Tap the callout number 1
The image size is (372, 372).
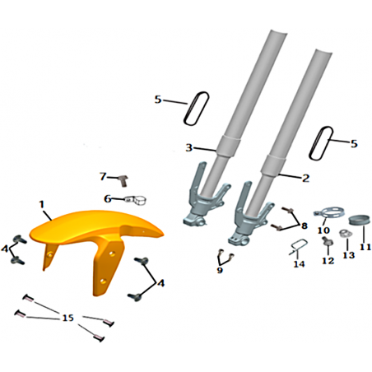[42, 204]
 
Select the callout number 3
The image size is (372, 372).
[189, 148]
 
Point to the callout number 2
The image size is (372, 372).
[305, 179]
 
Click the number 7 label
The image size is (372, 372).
[103, 176]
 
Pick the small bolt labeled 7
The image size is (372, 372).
[123, 181]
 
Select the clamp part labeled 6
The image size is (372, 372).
[136, 200]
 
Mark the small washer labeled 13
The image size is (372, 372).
[344, 234]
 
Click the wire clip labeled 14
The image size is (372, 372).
[298, 247]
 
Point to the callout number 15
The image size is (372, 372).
[68, 318]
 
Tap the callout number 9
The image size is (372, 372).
[220, 270]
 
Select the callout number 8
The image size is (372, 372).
[305, 226]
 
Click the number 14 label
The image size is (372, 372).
[299, 264]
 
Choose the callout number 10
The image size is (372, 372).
[323, 230]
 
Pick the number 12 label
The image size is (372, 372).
[328, 260]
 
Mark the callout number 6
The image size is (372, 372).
[108, 198]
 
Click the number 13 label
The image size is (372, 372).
[349, 255]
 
